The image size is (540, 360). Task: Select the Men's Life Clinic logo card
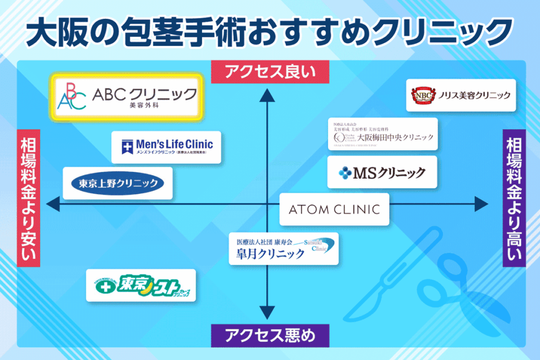tap(166, 147)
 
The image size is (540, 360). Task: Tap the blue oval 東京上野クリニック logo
tap(118, 183)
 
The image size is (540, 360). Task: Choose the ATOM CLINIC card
tap(334, 209)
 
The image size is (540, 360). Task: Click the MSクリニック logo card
tap(382, 172)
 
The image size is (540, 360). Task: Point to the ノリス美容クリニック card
tap(460, 95)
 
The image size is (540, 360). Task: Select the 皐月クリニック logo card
tap(284, 249)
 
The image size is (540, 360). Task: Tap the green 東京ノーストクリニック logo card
tap(141, 285)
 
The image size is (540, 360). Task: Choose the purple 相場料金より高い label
tap(513, 198)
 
